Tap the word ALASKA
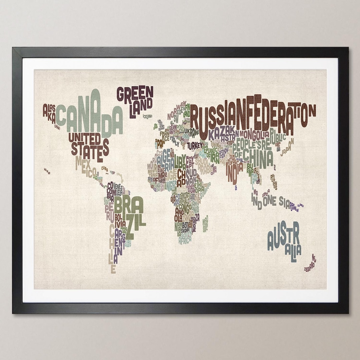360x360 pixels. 49,113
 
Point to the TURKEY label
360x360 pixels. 195,146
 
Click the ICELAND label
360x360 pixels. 147,116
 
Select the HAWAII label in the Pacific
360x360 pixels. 47,171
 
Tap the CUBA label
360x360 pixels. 105,169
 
